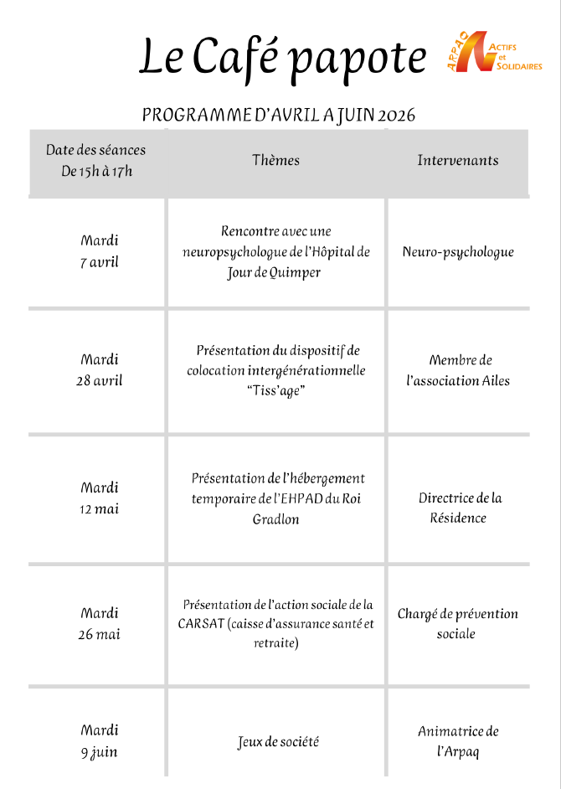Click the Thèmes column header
tap(275, 160)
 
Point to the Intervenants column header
tap(457, 160)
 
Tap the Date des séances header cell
tap(96, 161)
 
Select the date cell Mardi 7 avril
tap(99, 251)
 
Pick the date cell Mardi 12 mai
tap(99, 498)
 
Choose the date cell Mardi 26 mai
tap(99, 624)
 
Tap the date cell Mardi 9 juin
tap(99, 741)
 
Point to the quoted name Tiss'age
tap(275, 391)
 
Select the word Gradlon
tap(275, 519)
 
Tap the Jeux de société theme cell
tap(278, 742)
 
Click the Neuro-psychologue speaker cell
tap(457, 252)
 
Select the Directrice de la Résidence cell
tap(459, 508)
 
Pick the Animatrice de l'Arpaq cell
tap(458, 741)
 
